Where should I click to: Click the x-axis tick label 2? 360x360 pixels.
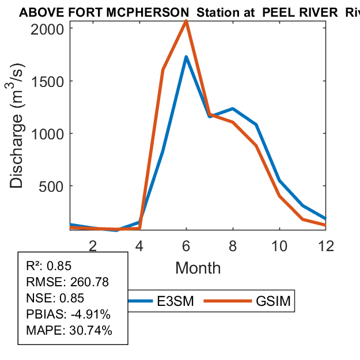pos(93,246)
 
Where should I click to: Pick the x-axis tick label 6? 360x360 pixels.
pos(186,246)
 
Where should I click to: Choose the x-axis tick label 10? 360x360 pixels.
pos(279,246)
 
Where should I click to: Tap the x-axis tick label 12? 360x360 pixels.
pos(326,246)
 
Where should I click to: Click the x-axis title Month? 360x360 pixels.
pos(198,268)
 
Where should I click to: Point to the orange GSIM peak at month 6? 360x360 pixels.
pos(186,21)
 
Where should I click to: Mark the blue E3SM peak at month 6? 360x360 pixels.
pos(186,57)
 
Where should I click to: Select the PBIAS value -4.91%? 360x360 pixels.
pos(88,314)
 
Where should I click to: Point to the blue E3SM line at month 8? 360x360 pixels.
pos(233,108)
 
